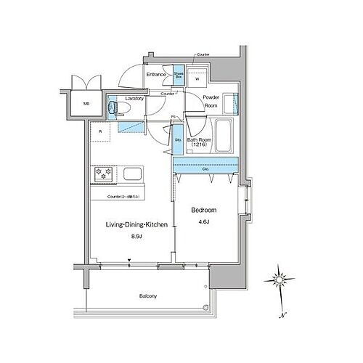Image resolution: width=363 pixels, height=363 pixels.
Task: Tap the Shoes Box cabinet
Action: [x=177, y=75]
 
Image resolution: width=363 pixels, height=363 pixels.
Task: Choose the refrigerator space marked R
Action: [x=100, y=132]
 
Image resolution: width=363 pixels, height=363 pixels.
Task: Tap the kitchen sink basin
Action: [x=134, y=176]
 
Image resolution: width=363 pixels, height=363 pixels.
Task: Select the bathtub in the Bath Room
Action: [x=224, y=135]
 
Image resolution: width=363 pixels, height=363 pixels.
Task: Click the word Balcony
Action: [x=148, y=297]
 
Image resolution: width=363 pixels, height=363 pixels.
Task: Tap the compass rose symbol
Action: [x=280, y=280]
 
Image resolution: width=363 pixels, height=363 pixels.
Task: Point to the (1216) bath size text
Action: [x=199, y=145]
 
